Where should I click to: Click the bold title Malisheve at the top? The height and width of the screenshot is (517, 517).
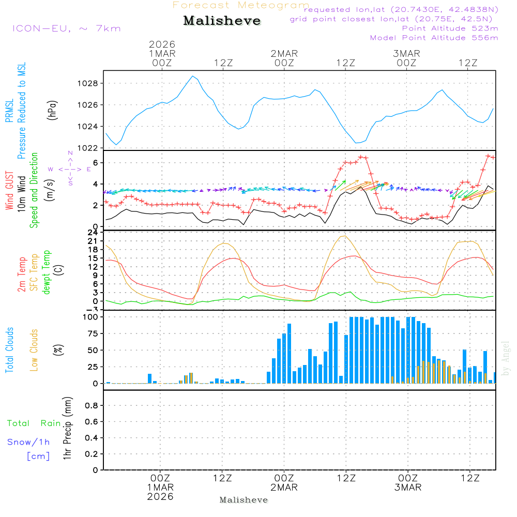pos(222,21)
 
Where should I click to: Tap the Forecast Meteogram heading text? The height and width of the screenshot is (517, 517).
pos(241,5)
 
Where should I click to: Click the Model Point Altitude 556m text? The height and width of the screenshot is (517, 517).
pos(434,38)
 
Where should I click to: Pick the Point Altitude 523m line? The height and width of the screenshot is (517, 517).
pos(450,28)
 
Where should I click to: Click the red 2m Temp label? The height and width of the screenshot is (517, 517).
pos(22,273)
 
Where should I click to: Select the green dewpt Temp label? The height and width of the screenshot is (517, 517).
pos(47,272)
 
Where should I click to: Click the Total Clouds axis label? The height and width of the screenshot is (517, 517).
pos(9,350)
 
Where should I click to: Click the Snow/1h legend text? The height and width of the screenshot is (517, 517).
pos(29,442)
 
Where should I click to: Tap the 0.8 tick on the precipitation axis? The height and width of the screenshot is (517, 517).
pos(91,406)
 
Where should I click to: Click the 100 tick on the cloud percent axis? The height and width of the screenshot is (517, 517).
pos(89,317)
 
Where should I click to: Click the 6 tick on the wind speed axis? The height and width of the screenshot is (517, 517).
pos(95,162)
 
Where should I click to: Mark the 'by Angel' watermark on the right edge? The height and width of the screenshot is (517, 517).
pos(506,358)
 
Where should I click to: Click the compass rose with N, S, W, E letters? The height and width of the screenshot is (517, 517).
pos(70,169)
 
